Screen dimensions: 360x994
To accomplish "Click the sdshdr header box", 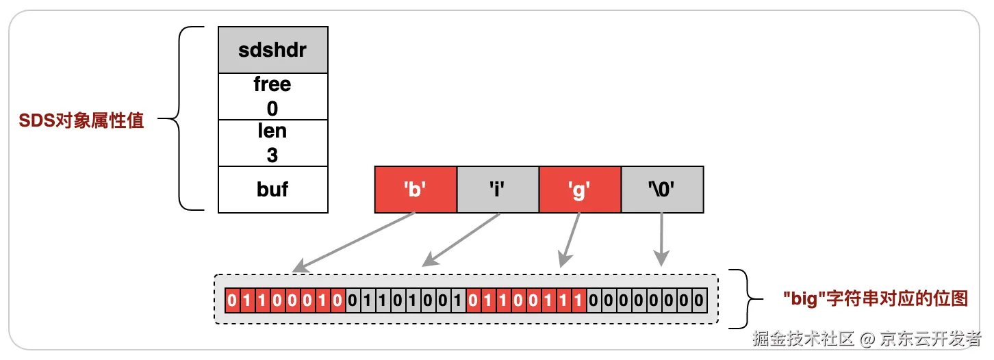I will pos(272,50).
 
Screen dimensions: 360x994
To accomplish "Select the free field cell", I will pos(272,96).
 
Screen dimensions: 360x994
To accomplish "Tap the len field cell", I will pos(272,142).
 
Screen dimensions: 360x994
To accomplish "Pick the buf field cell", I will pos(272,189).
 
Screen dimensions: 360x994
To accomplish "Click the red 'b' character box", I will pos(416,189).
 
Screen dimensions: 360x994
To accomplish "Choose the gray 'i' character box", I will pos(498,189).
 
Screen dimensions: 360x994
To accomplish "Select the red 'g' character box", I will pos(580,189).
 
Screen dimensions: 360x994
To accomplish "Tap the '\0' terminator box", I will pos(662,189).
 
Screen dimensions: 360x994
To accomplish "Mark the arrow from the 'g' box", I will pos(570,239).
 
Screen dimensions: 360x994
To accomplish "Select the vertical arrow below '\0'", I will pos(661,239).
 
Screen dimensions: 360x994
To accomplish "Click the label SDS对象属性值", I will pos(81,121).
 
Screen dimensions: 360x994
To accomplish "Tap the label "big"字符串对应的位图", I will pos(875,298).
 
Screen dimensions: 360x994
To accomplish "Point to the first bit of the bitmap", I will pos(232,300).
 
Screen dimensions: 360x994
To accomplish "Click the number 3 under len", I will pos(272,155).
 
